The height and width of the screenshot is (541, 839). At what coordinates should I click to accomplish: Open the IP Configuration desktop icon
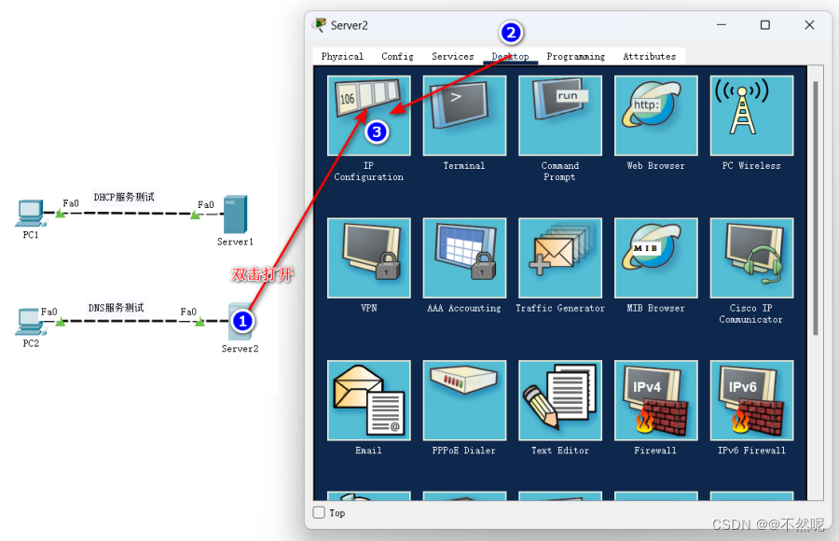click(369, 115)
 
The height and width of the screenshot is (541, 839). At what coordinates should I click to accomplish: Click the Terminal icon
click(464, 115)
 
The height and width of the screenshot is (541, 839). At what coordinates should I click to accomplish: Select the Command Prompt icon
click(560, 115)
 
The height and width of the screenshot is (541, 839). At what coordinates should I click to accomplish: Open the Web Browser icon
click(655, 115)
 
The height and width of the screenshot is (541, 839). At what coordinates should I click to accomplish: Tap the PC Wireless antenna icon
click(751, 115)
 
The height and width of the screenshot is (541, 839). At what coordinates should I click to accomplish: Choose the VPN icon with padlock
click(369, 257)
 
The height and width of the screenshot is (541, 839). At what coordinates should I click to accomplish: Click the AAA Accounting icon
click(464, 257)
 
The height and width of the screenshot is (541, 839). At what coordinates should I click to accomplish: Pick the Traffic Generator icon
click(560, 257)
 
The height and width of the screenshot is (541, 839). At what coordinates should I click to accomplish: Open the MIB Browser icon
click(655, 257)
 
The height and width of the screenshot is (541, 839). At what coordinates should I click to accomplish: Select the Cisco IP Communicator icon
click(751, 257)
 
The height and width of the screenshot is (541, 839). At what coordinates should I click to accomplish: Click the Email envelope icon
click(369, 400)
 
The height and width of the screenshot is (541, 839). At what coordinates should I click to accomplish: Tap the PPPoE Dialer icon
click(464, 400)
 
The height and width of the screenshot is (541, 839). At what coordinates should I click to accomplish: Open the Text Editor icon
click(560, 400)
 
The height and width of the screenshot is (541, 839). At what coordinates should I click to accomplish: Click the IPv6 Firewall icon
click(751, 400)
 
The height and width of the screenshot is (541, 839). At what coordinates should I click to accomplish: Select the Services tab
click(453, 57)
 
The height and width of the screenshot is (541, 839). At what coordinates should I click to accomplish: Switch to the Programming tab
click(575, 57)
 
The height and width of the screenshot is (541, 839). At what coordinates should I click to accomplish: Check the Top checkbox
click(319, 512)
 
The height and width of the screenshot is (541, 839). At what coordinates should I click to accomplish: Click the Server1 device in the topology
click(235, 215)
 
